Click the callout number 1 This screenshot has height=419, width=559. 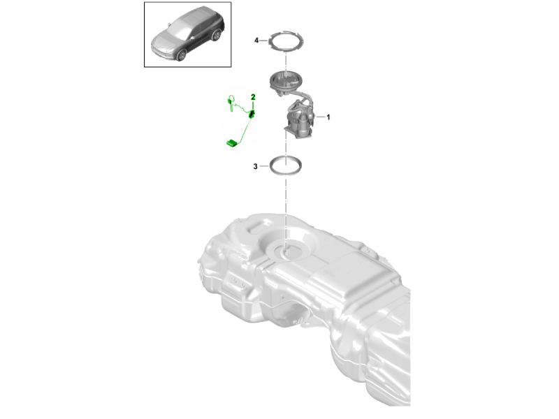[328, 117]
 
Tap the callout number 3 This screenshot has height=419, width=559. [256, 166]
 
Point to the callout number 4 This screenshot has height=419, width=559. [256, 41]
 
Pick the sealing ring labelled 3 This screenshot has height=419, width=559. [286, 167]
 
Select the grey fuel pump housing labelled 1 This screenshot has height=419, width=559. [299, 122]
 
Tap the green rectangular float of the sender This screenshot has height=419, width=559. [231, 143]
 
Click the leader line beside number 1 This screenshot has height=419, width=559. [319, 117]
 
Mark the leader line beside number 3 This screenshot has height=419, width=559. [263, 166]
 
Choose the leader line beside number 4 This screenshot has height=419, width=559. [264, 41]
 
